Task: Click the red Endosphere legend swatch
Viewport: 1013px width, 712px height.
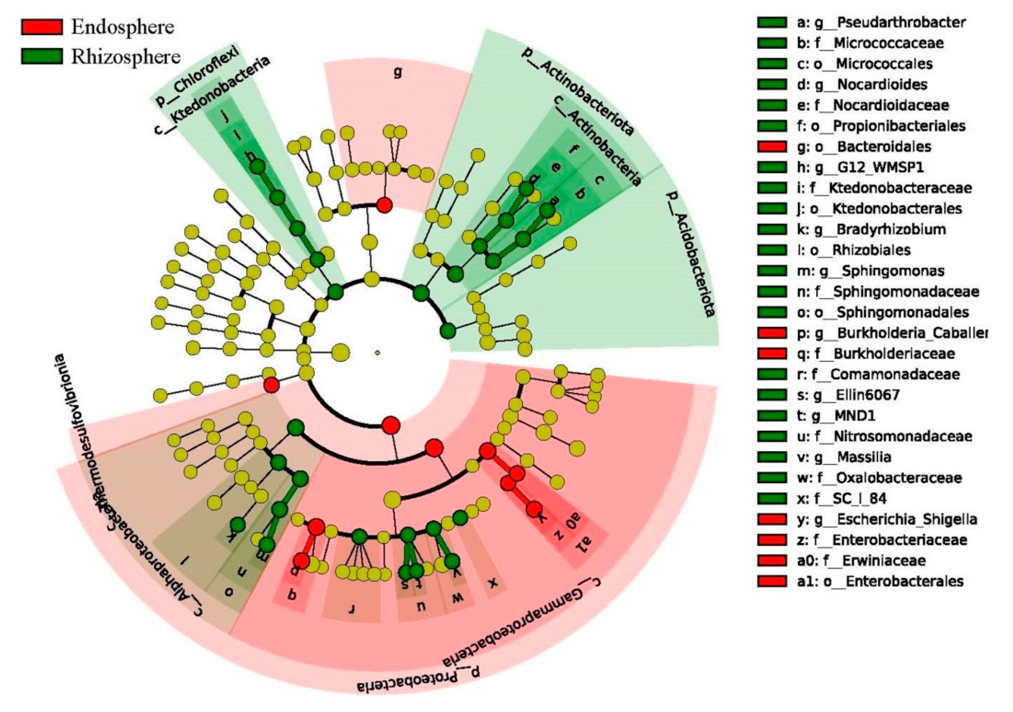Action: pos(41,27)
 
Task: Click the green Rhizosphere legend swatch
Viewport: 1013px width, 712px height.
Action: pos(41,57)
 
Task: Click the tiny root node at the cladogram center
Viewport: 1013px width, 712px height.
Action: pos(377,352)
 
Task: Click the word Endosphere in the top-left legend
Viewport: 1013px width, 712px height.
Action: pos(123,27)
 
